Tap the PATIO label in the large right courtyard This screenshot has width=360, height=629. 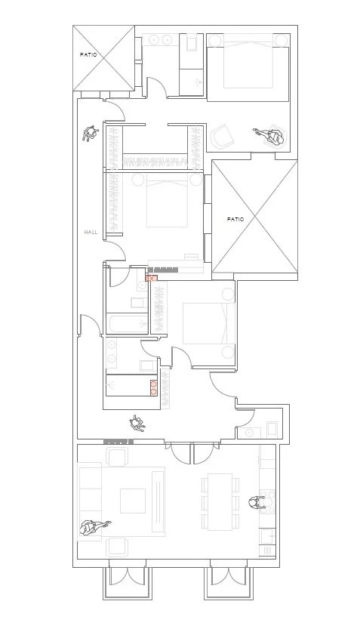pyautogui.click(x=235, y=219)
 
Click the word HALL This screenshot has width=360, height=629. pyautogui.click(x=91, y=232)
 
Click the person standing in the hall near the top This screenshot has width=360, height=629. pyautogui.click(x=91, y=134)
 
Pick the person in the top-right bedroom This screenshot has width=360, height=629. pyautogui.click(x=272, y=136)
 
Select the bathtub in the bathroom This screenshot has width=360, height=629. pyautogui.click(x=129, y=325)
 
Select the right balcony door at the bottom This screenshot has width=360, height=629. pyautogui.click(x=227, y=581)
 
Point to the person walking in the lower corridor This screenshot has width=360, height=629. pyautogui.click(x=138, y=422)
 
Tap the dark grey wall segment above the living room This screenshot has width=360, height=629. pyautogui.click(x=118, y=441)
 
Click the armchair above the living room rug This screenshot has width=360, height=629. pyautogui.click(x=117, y=457)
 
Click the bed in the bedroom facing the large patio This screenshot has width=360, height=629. pyautogui.click(x=166, y=201)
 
